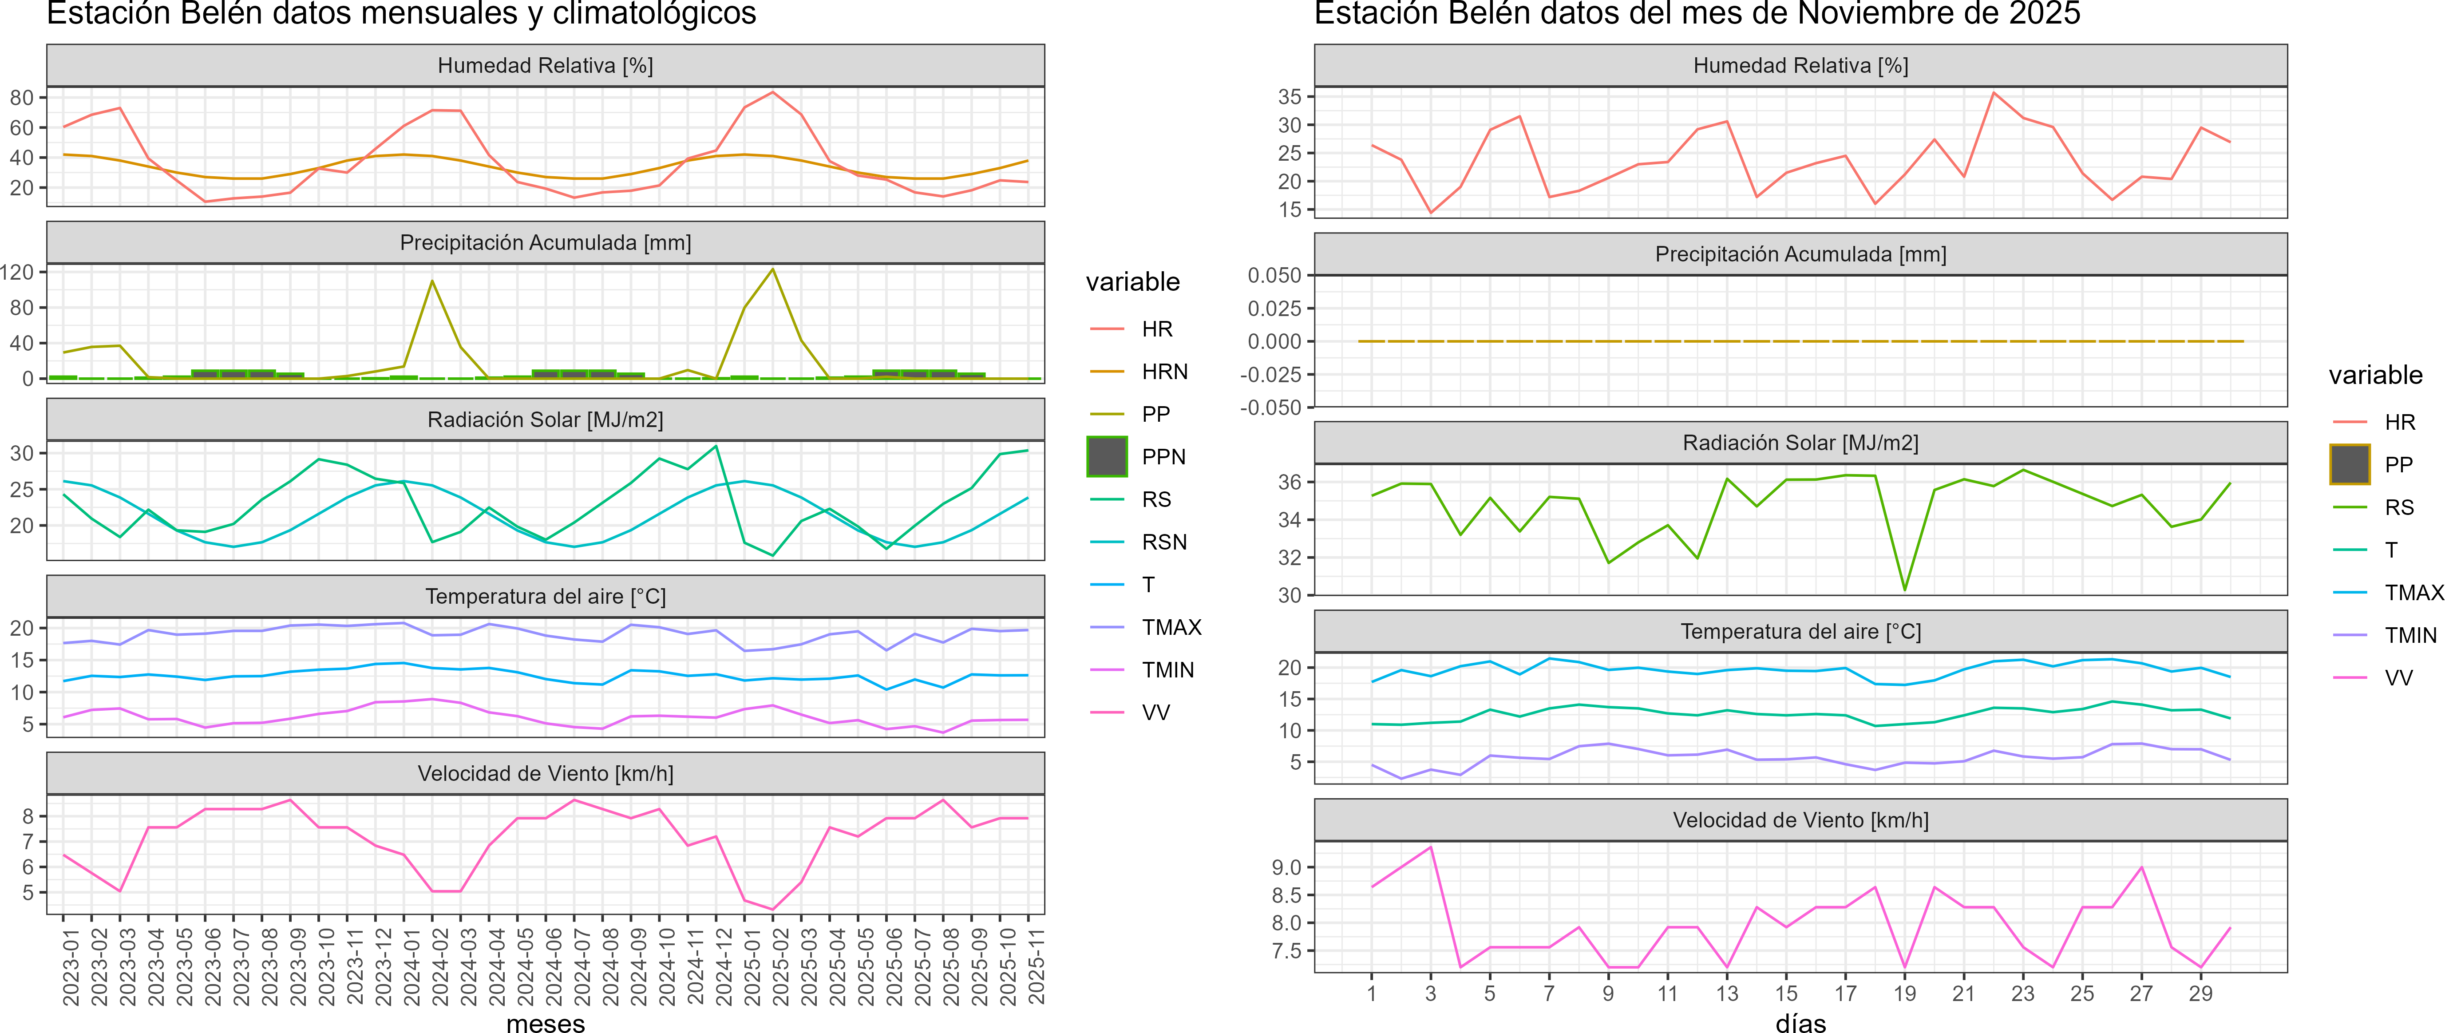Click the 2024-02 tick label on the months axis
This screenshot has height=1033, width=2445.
point(434,966)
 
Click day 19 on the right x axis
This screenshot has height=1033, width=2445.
point(1904,993)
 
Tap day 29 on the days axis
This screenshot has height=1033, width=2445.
point(2200,993)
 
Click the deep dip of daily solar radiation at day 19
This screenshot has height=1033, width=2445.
point(1904,590)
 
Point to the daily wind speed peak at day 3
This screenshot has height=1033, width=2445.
point(1430,847)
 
